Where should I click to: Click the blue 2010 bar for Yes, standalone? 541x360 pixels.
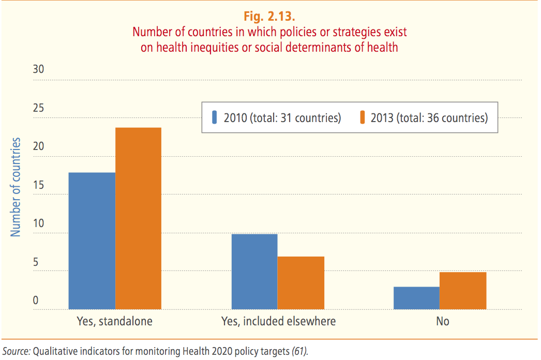click(92, 241)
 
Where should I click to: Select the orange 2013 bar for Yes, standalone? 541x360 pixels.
click(138, 218)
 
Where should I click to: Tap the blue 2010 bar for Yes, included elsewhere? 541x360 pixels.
click(254, 272)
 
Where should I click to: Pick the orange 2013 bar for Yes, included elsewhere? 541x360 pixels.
click(301, 283)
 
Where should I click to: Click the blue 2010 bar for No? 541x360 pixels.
click(416, 298)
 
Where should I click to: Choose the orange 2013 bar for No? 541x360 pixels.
click(463, 291)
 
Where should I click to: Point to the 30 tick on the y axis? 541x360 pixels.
click(39, 69)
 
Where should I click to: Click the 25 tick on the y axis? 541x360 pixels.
click(39, 108)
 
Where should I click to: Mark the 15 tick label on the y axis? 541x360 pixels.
click(39, 185)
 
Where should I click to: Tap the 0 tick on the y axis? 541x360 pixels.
click(36, 301)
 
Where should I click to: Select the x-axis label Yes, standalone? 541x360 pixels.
click(114, 321)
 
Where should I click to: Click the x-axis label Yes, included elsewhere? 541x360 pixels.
click(278, 321)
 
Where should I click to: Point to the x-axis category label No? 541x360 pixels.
click(442, 321)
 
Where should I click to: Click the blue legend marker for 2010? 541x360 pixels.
click(214, 117)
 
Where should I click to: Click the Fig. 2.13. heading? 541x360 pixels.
click(269, 16)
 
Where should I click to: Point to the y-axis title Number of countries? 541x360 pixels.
click(16, 187)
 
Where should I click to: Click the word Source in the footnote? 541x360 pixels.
click(17, 351)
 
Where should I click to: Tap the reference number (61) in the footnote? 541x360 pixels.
click(299, 351)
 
